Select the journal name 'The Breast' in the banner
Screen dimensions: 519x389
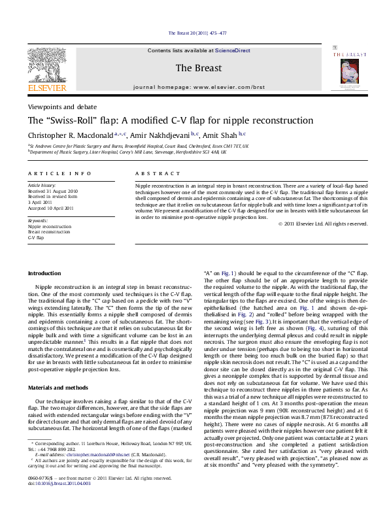point(194,68)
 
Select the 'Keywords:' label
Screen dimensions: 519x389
point(38,221)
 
